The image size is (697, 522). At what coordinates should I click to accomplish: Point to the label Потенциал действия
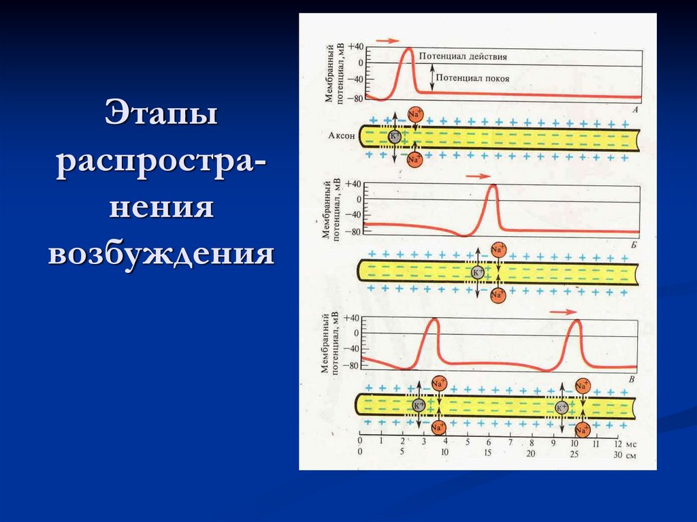[463, 56]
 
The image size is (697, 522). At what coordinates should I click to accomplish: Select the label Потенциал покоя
[472, 78]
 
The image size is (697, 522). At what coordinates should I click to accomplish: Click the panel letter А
[635, 109]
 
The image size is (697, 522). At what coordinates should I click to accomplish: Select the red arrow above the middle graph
[479, 176]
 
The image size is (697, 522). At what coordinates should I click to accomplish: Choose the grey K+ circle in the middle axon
[478, 272]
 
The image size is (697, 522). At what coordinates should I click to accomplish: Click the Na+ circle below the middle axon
[498, 295]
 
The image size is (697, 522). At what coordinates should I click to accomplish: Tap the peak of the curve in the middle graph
[493, 186]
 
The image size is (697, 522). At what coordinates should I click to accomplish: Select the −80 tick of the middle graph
[352, 232]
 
